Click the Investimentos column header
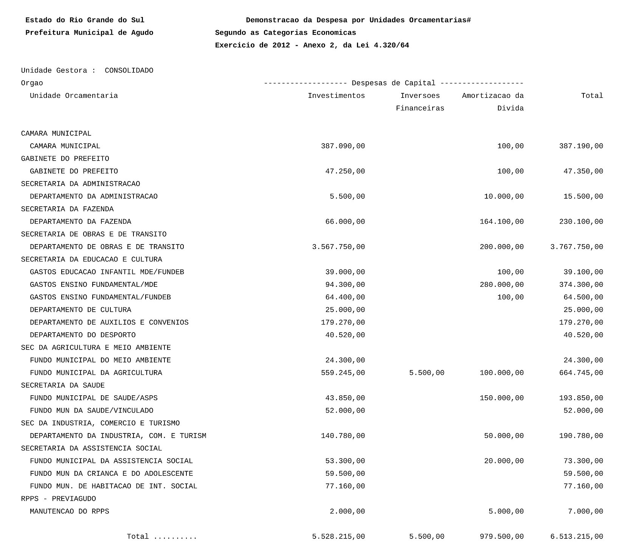336,96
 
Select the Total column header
592,96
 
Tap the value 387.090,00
343,146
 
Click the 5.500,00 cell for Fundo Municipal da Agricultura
426,373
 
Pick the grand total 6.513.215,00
577,537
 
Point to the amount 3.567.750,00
338,247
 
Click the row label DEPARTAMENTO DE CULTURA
81,310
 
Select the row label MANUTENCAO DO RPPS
70,511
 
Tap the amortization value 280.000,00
501,285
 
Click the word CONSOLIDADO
129,70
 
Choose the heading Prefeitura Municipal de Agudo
89,32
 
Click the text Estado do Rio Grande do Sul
85,20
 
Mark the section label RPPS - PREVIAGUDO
59,499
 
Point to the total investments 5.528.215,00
338,537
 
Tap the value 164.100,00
501,221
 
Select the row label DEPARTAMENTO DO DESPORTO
83,335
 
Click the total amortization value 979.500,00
501,537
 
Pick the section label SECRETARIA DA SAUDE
63,385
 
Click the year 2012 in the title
281,45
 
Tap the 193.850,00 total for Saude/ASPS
581,398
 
